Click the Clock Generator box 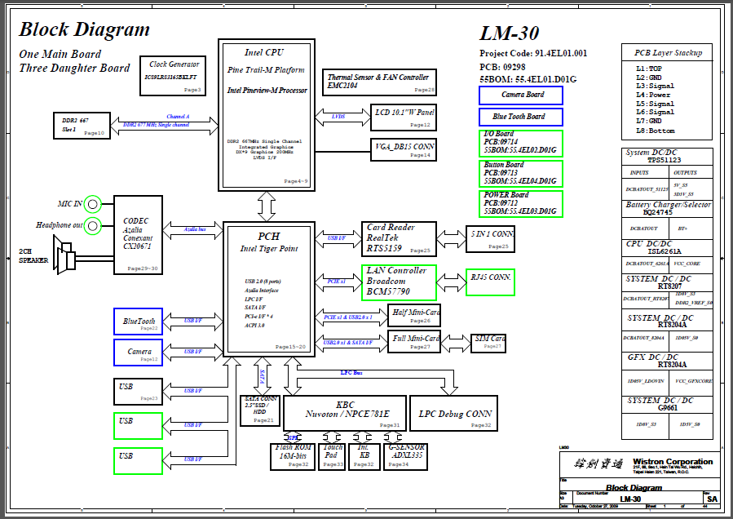pos(174,75)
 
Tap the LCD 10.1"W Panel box pos(403,118)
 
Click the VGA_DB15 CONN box pos(403,149)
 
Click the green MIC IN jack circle pos(93,203)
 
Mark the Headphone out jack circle pos(93,225)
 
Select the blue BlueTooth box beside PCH pos(138,322)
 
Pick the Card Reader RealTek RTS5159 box pos(399,238)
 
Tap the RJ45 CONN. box pos(489,282)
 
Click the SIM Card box pos(488,343)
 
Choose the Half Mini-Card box pos(415,316)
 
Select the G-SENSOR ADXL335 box pos(405,456)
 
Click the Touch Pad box pos(333,456)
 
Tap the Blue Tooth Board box pos(521,117)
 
